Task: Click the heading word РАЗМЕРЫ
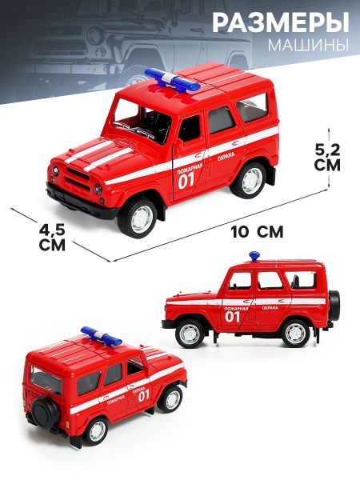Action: (x=281, y=22)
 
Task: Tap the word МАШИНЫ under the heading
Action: (x=308, y=45)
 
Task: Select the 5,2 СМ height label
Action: (x=327, y=158)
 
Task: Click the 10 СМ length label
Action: (x=258, y=232)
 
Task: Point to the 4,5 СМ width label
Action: (x=52, y=238)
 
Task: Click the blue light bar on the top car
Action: (x=172, y=80)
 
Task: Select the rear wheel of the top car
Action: (x=249, y=180)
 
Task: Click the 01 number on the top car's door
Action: (x=186, y=182)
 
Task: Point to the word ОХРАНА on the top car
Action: (x=226, y=157)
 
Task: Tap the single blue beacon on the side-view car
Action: (x=254, y=256)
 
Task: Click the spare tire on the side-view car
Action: (x=334, y=306)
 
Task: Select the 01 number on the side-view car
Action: (x=232, y=317)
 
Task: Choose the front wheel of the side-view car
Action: (x=190, y=333)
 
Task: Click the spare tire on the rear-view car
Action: (x=46, y=414)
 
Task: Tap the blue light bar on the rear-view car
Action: (x=101, y=336)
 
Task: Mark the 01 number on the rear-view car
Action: (x=143, y=396)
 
